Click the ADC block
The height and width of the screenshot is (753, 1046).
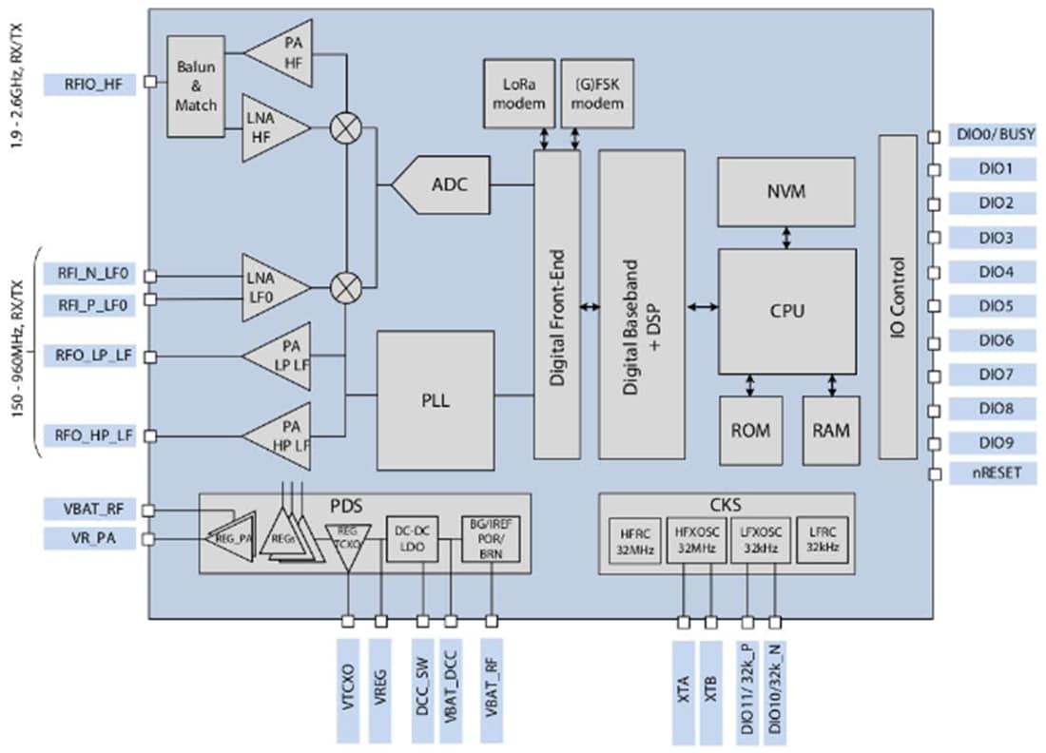[445, 184]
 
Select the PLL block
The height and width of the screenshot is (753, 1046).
[436, 400]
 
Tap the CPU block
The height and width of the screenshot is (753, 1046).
[786, 311]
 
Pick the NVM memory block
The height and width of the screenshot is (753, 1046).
[786, 192]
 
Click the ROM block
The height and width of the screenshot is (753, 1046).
[750, 431]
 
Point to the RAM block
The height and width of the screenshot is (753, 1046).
[831, 431]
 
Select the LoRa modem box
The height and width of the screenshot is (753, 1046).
[519, 93]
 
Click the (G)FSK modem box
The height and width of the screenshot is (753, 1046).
[596, 93]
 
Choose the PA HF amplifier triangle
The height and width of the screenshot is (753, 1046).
[283, 54]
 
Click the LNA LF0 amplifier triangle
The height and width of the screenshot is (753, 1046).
[272, 284]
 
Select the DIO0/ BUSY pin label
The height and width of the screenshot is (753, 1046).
[994, 135]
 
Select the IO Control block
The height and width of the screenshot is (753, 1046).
[897, 297]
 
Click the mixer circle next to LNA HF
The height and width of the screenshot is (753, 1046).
[341, 130]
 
